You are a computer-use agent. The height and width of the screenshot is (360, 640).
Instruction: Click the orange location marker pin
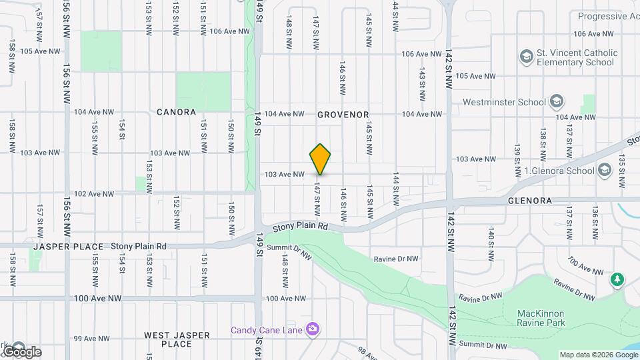[x=320, y=159]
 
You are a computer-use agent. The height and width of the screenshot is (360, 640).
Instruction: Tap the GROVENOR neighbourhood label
[x=343, y=115]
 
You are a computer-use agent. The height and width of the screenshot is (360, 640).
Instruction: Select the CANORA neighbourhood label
[x=176, y=112]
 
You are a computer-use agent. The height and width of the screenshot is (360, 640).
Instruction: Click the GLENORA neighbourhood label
[x=529, y=201]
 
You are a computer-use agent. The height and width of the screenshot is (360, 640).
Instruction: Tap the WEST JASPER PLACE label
[x=177, y=339]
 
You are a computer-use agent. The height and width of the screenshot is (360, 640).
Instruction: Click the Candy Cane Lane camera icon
[x=313, y=329]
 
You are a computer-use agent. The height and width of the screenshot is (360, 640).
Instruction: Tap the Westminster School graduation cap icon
[x=557, y=102]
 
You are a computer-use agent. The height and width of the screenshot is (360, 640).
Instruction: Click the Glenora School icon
[x=605, y=170]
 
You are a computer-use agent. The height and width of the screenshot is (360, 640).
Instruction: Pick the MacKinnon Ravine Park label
[x=541, y=318]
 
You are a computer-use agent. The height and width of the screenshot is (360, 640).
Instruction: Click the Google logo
[x=21, y=351]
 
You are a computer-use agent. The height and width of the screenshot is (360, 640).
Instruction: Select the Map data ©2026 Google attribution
[x=598, y=355]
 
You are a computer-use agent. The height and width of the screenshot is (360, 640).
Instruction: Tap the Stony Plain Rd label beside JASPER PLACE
[x=138, y=246]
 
